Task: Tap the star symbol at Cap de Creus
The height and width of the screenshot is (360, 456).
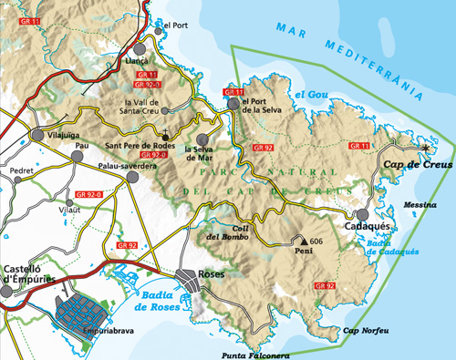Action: [425, 147]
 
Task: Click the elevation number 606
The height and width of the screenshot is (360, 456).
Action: [316, 241]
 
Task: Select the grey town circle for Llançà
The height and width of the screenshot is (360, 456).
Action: [140, 48]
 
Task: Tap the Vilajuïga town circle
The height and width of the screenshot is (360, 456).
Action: [37, 134]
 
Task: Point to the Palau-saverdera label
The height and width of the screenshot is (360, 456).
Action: [127, 166]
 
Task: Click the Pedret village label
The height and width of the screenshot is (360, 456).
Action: [21, 170]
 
